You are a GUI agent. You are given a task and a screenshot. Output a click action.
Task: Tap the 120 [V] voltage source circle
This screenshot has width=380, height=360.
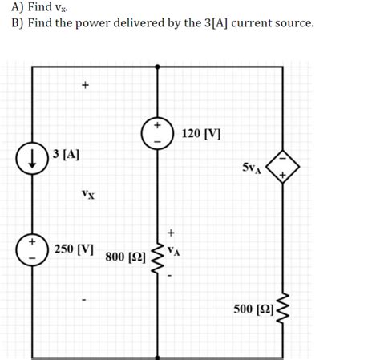click(157, 133)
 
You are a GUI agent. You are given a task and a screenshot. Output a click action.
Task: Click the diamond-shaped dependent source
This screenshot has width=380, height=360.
click(282, 166)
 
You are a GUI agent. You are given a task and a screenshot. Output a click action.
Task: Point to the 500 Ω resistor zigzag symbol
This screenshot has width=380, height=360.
click(282, 309)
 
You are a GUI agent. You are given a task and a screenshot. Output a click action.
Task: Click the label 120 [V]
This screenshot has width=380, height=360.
click(202, 131)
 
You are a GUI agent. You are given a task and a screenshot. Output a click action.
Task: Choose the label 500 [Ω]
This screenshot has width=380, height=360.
click(253, 309)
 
